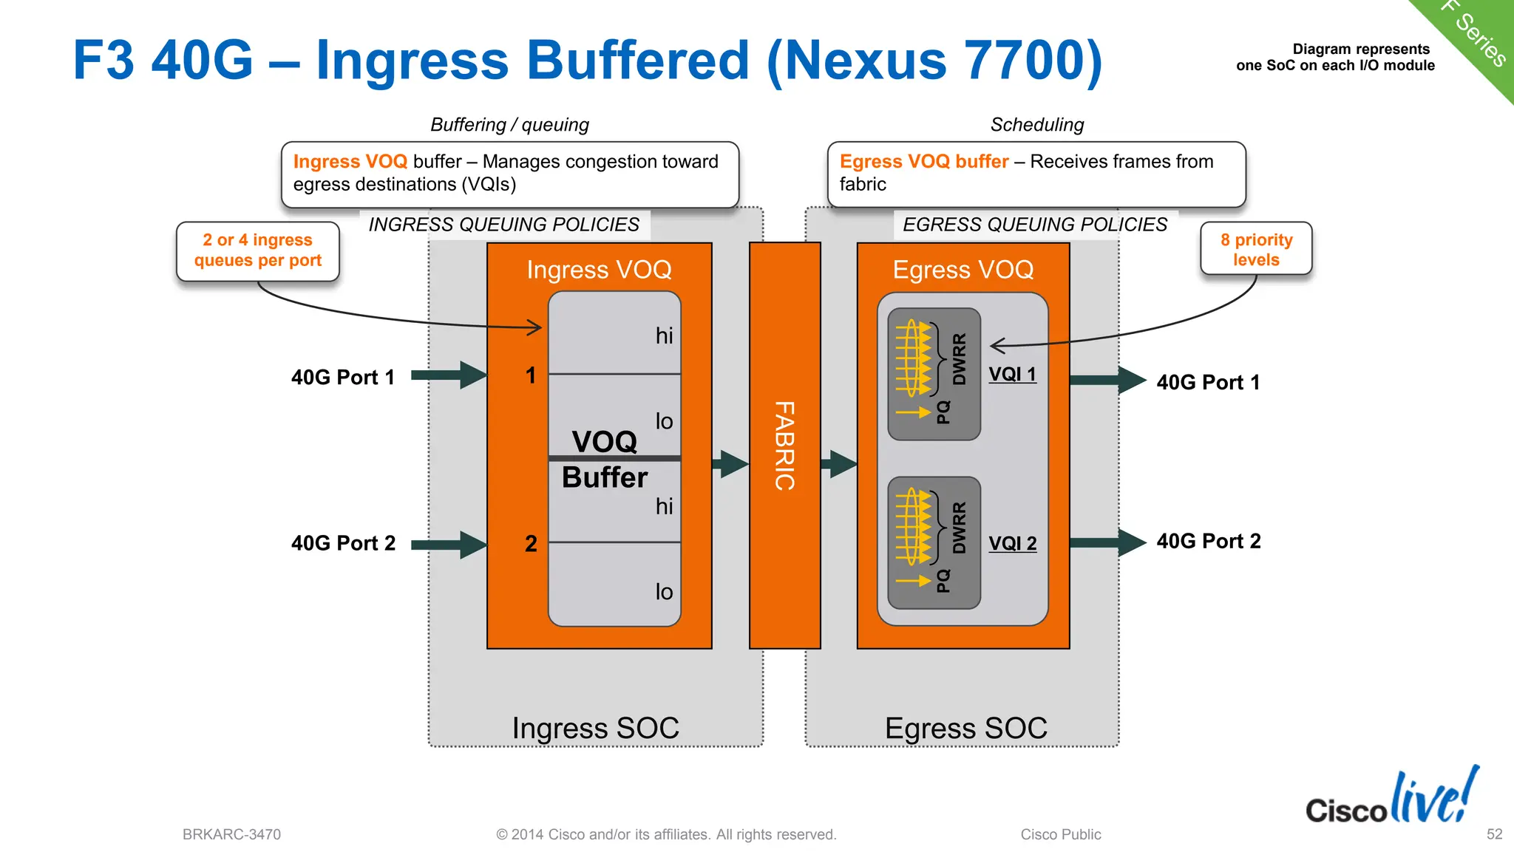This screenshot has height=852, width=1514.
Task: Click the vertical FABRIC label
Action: pyautogui.click(x=784, y=446)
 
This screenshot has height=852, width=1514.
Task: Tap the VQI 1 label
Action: pyautogui.click(x=1012, y=374)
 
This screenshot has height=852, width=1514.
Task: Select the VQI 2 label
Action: pyautogui.click(x=1012, y=543)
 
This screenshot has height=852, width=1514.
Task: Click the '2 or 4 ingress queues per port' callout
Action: pyautogui.click(x=258, y=251)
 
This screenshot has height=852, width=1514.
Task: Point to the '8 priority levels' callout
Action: pyautogui.click(x=1256, y=249)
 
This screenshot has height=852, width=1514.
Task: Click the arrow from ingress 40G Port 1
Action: pyautogui.click(x=447, y=375)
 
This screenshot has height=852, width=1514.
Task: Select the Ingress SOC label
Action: pyautogui.click(x=595, y=728)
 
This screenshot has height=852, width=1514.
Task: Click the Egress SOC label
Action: pyautogui.click(x=965, y=728)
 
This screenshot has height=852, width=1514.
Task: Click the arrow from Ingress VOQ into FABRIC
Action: pyautogui.click(x=730, y=464)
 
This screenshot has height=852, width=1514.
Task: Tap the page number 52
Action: pyautogui.click(x=1494, y=834)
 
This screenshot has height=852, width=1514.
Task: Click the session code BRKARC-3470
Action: pyautogui.click(x=231, y=834)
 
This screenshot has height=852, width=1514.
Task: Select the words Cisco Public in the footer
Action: pyautogui.click(x=1060, y=834)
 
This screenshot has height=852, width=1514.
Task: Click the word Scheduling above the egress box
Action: pyautogui.click(x=1036, y=125)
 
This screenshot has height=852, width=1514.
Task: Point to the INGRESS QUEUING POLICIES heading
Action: pyautogui.click(x=503, y=225)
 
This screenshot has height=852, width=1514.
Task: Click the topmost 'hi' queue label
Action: pyautogui.click(x=664, y=336)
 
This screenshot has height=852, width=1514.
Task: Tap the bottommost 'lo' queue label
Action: pyautogui.click(x=664, y=592)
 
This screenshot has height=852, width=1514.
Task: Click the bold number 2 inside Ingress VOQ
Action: pyautogui.click(x=531, y=544)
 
